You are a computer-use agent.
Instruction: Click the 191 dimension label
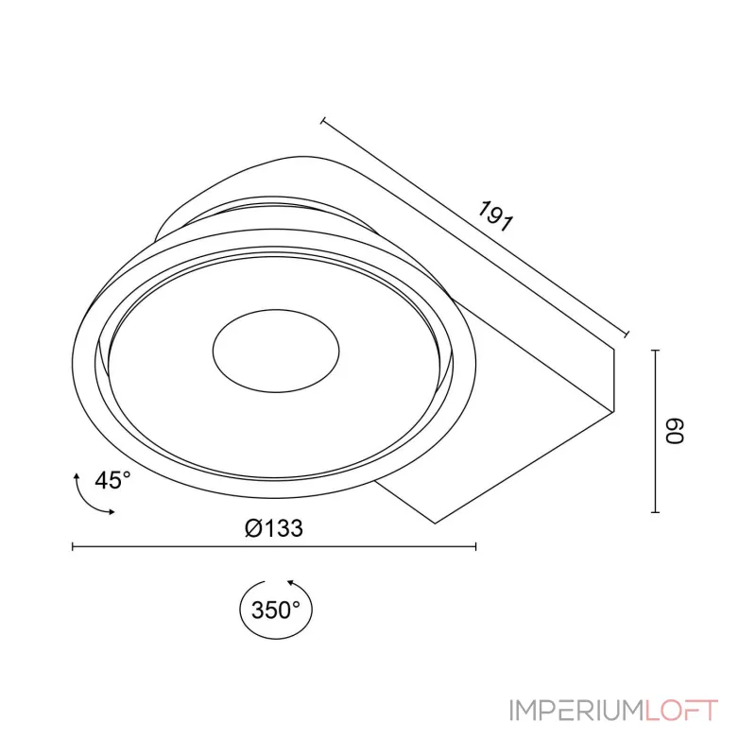[495, 216]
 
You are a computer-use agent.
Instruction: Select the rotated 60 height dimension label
[675, 430]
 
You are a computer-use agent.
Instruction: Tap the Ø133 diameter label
[273, 528]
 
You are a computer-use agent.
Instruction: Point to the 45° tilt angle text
[112, 480]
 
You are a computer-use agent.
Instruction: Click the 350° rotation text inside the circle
[276, 610]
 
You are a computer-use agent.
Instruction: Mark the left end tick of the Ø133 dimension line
[73, 546]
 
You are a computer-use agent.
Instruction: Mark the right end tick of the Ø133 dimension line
[475, 546]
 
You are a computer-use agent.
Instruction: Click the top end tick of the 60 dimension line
[655, 350]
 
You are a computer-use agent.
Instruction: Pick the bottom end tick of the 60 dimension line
[655, 511]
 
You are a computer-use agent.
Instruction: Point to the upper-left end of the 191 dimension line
[323, 120]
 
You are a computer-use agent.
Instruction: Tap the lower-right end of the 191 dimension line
[627, 334]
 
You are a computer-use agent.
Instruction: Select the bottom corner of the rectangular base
[434, 523]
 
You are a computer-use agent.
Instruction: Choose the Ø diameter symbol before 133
[251, 528]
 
